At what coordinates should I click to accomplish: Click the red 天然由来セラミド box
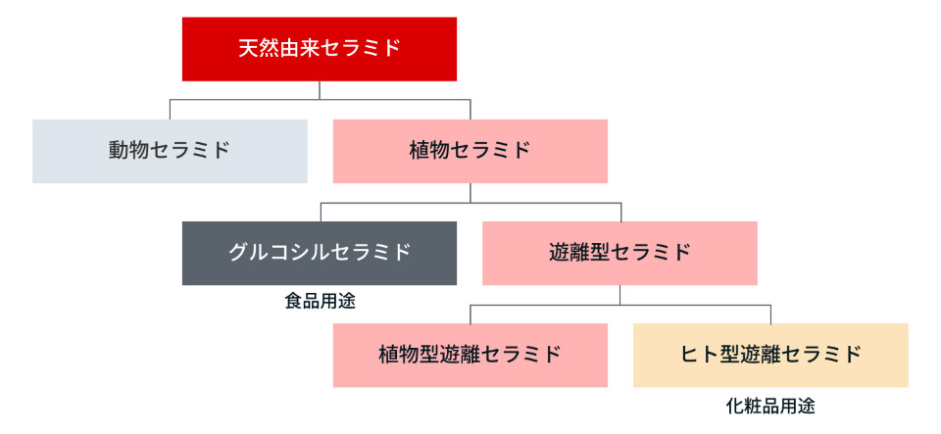tap(320, 48)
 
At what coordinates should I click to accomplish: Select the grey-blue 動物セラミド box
tap(170, 151)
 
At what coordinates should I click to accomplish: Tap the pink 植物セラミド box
tap(470, 151)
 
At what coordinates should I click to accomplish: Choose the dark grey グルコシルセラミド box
tap(320, 253)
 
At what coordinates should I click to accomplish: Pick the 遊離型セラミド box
tap(619, 253)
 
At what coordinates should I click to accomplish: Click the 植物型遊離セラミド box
tap(470, 355)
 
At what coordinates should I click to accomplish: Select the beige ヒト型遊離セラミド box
tap(770, 355)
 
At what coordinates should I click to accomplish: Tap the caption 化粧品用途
tap(770, 404)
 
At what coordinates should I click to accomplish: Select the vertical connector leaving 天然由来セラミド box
tap(320, 90)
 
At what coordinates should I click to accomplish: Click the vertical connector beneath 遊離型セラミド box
tap(619, 295)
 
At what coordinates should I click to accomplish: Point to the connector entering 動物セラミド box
tap(170, 109)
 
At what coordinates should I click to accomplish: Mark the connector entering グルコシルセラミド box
tap(320, 212)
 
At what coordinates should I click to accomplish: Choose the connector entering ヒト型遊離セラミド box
tap(770, 313)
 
